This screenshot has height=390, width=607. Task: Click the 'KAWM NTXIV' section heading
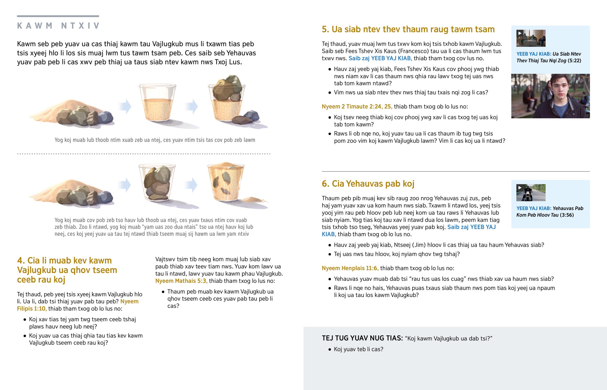point(58,26)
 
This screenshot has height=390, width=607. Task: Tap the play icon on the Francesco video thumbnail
point(519,33)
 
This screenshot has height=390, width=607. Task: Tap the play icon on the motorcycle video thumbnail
point(519,188)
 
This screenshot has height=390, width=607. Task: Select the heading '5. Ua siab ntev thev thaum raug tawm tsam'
point(408,29)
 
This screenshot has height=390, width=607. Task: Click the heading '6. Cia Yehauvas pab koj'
point(368,183)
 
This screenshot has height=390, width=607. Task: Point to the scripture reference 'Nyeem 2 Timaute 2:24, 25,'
point(357,106)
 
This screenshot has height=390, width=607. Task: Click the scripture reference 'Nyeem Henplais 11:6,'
point(350,268)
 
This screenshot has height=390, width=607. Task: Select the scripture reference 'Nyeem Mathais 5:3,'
point(181,281)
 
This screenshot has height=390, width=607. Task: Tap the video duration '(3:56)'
point(567,215)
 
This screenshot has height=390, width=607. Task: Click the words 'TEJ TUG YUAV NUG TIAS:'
point(362,338)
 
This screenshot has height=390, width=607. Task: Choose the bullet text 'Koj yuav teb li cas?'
point(358,349)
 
